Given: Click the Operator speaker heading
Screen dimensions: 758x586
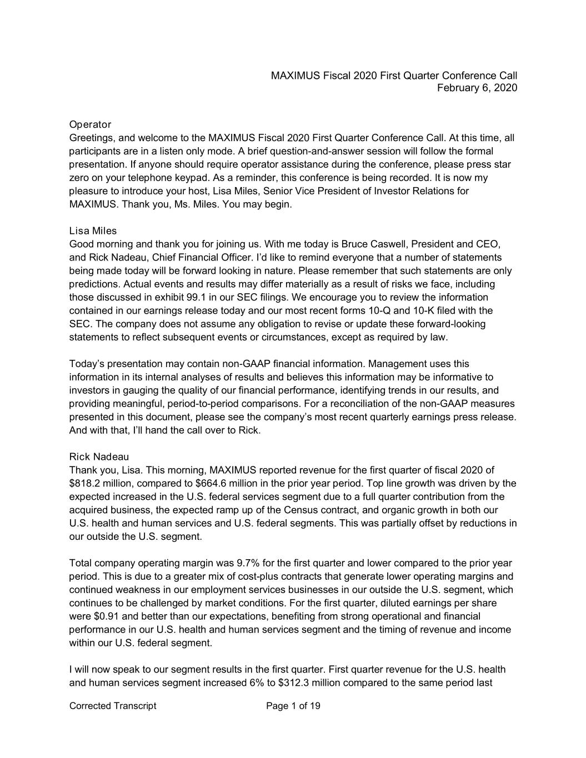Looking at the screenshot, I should pyautogui.click(x=90, y=124).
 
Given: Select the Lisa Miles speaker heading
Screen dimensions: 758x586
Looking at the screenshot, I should pyautogui.click(x=93, y=231).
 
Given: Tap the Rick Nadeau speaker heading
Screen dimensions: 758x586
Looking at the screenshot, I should pyautogui.click(x=99, y=457).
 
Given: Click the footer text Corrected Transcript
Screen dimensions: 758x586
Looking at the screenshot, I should pyautogui.click(x=113, y=706).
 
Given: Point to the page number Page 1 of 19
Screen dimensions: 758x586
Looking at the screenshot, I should pyautogui.click(x=293, y=706).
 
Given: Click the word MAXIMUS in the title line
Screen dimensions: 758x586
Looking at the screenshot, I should pyautogui.click(x=295, y=76).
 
